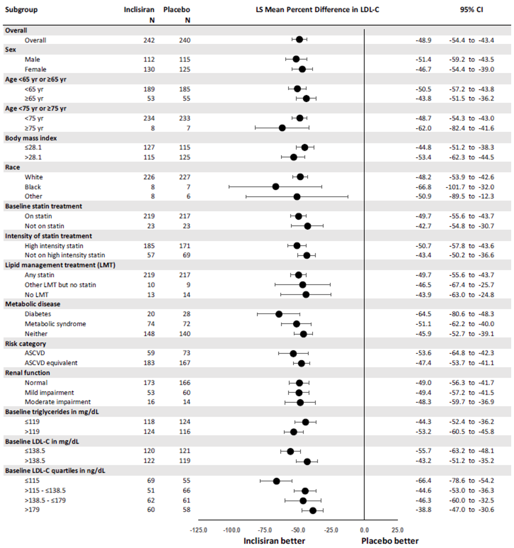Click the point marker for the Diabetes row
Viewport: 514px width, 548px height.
[279, 314]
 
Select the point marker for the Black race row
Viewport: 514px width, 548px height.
[276, 187]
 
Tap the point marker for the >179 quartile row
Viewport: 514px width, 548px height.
[313, 511]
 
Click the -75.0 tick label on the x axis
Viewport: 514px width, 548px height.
[265, 530]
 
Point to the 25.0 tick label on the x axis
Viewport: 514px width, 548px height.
[397, 530]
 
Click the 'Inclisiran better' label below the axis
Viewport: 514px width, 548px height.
[274, 541]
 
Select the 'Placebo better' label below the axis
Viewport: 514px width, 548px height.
[390, 541]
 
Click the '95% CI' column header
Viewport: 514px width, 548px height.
[471, 10]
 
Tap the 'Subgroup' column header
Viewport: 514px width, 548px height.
[21, 10]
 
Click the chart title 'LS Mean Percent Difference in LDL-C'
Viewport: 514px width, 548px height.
[317, 10]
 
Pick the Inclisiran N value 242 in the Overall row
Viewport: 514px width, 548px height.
[149, 40]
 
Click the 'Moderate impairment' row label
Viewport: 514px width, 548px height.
[57, 402]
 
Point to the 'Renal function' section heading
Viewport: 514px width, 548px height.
[28, 373]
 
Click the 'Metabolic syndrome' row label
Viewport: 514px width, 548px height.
[55, 324]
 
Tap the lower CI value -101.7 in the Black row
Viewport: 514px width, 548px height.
[456, 187]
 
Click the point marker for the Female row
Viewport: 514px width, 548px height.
[302, 69]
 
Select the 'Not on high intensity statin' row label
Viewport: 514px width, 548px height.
[65, 255]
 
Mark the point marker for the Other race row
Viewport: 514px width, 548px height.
[297, 196]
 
